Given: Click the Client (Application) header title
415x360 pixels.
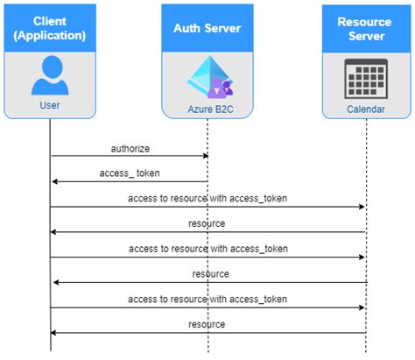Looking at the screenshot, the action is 50,28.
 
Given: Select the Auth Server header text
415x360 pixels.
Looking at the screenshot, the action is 207,28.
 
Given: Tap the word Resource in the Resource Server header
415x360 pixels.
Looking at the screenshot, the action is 364,22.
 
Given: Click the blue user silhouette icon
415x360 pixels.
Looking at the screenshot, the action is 50,75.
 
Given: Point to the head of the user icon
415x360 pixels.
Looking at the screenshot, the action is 53,67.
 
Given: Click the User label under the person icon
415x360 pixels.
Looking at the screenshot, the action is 50,105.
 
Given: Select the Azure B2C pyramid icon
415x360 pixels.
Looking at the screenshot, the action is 210,77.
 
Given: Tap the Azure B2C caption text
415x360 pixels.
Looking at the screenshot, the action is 210,109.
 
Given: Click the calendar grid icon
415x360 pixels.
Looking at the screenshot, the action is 366,79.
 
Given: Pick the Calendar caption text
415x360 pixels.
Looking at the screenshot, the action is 366,109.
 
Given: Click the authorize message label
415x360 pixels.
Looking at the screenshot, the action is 130,149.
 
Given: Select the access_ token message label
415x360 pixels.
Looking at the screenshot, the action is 130,173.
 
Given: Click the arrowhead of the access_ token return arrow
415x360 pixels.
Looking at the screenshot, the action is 54,181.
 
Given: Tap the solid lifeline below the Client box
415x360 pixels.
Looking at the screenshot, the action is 50,235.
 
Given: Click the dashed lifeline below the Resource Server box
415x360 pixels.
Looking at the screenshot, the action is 366,236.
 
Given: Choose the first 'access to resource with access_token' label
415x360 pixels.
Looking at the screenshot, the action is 207,199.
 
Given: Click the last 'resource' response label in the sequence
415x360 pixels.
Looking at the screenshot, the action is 207,324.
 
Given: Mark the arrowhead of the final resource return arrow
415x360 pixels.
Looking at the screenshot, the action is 53,333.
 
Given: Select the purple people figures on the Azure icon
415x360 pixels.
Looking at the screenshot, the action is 221,88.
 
